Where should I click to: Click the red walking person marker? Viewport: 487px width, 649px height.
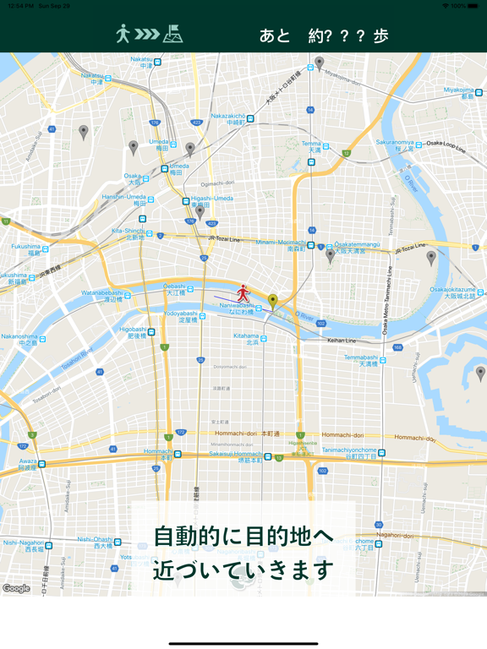(243, 293)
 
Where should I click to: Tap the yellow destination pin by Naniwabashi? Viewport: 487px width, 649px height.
(272, 301)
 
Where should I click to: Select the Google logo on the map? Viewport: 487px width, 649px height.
(16, 588)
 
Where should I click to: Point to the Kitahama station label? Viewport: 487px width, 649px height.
(246, 339)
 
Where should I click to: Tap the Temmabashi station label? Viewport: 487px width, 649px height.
(361, 360)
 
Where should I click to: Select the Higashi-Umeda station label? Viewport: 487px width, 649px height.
(211, 201)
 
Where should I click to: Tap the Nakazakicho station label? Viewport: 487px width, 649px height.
(228, 118)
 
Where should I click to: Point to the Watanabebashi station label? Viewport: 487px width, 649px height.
(102, 296)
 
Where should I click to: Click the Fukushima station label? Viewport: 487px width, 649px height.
(26, 249)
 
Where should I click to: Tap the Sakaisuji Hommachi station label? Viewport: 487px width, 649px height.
(235, 456)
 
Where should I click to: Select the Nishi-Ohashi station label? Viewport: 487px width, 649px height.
(95, 543)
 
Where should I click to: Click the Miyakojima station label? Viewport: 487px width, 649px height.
(460, 93)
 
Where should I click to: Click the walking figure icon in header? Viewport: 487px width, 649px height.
(123, 34)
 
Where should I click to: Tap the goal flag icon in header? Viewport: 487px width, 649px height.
(173, 34)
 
